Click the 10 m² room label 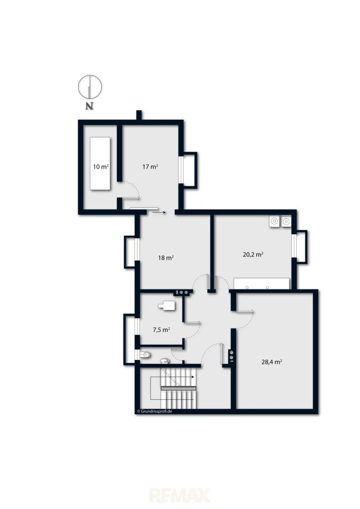(101, 166)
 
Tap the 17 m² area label (150, 166)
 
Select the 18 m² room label (165, 258)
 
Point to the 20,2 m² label (253, 254)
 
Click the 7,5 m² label (161, 330)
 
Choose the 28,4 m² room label (271, 361)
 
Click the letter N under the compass (89, 106)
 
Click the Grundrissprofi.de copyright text (155, 411)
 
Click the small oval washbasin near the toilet (165, 361)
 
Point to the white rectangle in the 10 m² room (100, 164)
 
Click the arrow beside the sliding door (159, 213)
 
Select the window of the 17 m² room (181, 170)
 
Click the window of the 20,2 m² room (294, 246)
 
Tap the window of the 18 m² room (137, 249)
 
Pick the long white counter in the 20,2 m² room (262, 283)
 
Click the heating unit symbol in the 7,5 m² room (166, 305)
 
